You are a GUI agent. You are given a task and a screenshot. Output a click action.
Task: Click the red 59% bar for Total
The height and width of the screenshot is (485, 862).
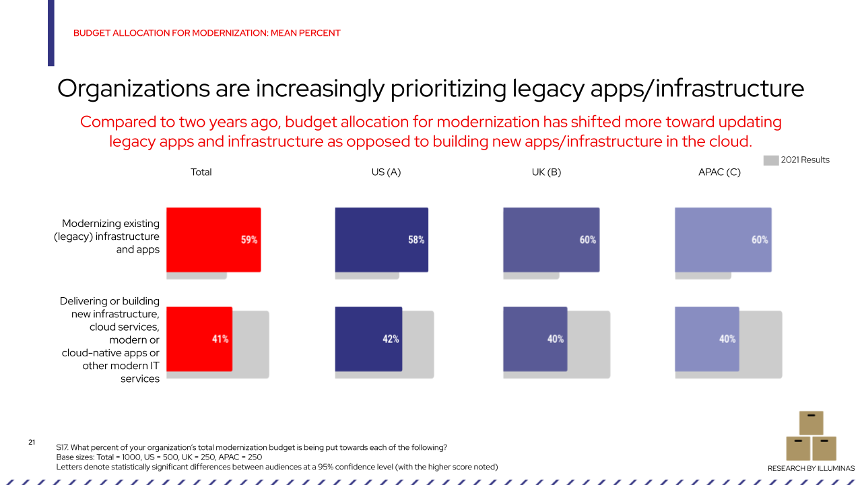click(x=213, y=239)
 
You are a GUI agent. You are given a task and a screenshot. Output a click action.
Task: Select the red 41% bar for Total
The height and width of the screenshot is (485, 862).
click(x=199, y=339)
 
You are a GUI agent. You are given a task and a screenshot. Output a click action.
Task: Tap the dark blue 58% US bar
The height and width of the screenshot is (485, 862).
click(x=381, y=239)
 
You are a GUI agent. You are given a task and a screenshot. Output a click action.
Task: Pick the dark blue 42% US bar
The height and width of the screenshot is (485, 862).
click(x=368, y=339)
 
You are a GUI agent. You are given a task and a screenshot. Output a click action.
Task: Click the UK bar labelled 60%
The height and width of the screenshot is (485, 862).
click(x=550, y=239)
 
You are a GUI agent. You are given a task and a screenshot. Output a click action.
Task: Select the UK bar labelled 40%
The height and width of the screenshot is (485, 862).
click(x=535, y=339)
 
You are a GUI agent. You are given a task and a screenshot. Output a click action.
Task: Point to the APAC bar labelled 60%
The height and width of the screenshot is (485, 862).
click(x=723, y=239)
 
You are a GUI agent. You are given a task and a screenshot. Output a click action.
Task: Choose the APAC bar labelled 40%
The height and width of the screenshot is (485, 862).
click(x=706, y=339)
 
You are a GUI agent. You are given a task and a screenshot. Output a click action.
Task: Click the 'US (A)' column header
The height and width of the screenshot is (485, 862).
click(x=386, y=172)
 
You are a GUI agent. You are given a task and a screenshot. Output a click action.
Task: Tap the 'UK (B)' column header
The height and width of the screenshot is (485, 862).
click(x=546, y=172)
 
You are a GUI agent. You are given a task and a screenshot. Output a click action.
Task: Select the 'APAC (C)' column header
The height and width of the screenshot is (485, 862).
click(x=719, y=172)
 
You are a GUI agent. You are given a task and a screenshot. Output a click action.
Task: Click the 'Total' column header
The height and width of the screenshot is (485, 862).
click(x=201, y=172)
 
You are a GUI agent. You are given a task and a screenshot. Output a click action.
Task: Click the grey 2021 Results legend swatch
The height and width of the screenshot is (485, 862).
click(x=770, y=160)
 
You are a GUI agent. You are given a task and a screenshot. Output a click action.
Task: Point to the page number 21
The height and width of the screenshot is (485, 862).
click(x=32, y=442)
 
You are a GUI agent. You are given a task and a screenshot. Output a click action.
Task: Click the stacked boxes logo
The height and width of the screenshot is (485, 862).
click(x=811, y=436)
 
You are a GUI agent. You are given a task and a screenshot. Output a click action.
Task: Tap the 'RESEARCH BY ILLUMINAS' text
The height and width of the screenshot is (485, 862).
click(x=811, y=468)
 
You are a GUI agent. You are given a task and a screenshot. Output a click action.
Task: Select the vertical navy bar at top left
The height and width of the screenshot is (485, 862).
click(x=51, y=32)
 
